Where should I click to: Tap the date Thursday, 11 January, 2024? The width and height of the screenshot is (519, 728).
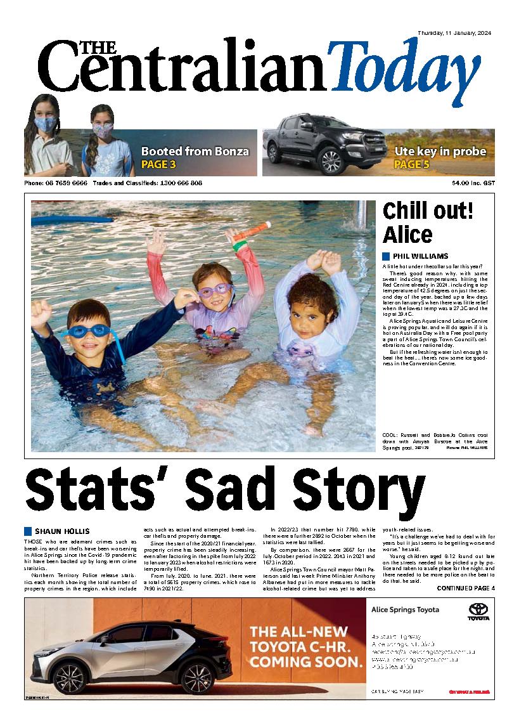click(454, 33)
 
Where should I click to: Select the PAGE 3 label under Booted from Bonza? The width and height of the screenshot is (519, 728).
click(158, 165)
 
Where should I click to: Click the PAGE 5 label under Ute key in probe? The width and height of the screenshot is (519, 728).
click(411, 165)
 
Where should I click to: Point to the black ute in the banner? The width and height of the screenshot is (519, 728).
click(317, 145)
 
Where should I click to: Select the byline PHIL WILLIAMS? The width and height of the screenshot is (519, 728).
click(419, 256)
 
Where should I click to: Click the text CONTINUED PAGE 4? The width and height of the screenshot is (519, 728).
click(466, 588)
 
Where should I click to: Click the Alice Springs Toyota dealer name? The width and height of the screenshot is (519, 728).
click(404, 610)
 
